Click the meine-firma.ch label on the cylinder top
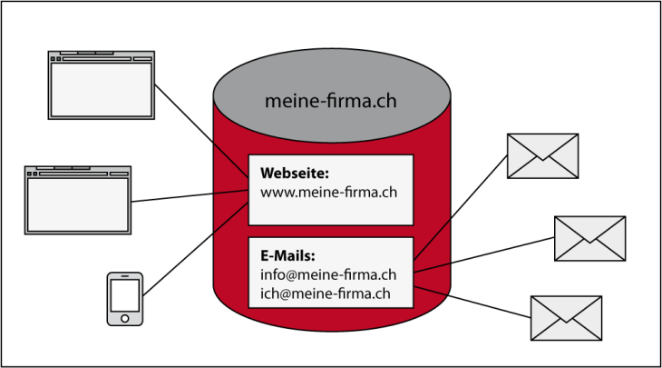point(330,101)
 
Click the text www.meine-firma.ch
point(328,193)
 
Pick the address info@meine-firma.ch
point(328,274)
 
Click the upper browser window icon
point(102,85)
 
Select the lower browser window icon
point(78,200)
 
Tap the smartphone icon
point(124,297)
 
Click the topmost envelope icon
point(542,155)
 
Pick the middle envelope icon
point(589,238)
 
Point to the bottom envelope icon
point(566,318)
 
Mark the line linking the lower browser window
point(190,196)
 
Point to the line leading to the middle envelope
point(485,254)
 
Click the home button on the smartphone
point(124,318)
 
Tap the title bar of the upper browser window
point(102,55)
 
